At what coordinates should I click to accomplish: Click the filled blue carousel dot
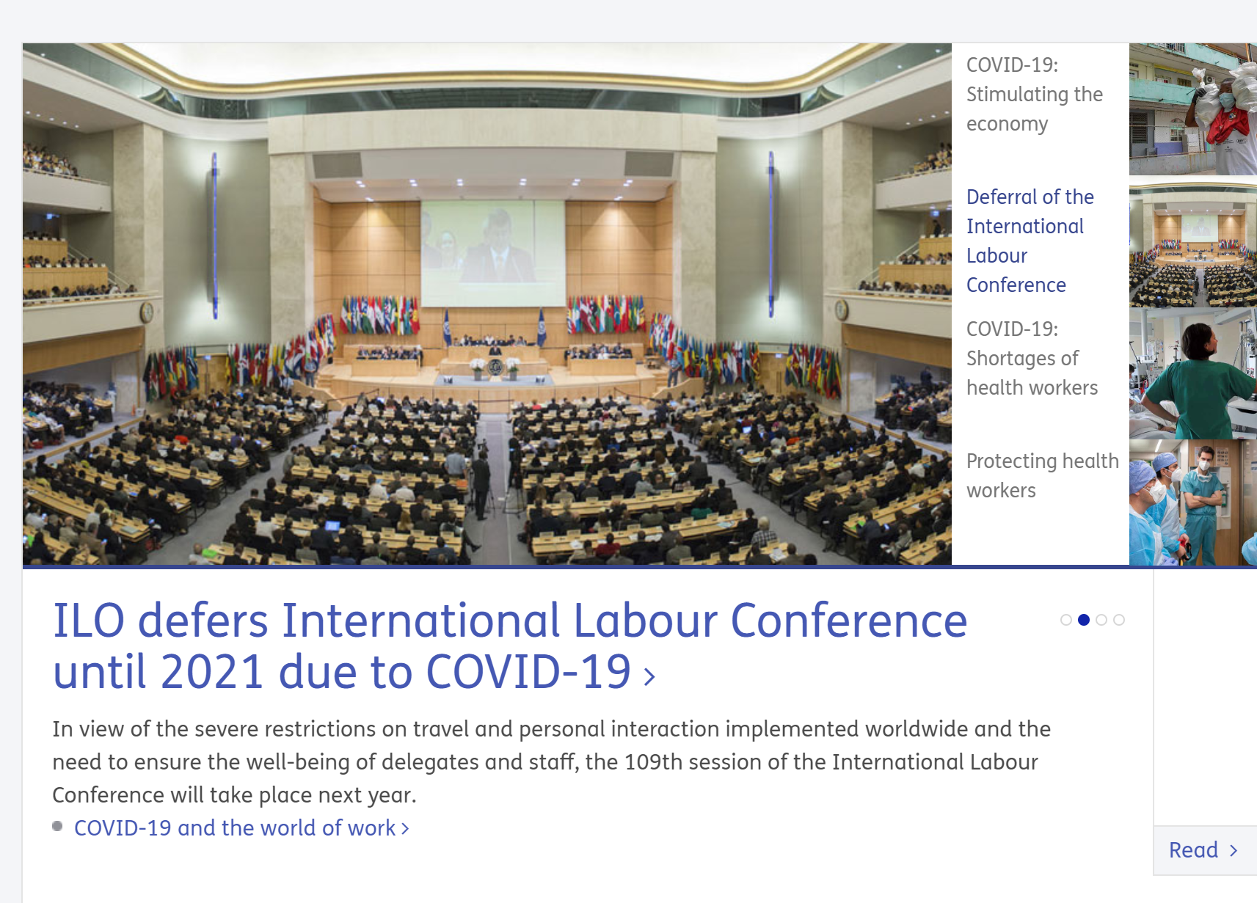1084,620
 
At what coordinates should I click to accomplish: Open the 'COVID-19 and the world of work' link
242,828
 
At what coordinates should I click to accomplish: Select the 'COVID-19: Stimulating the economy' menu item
1034,94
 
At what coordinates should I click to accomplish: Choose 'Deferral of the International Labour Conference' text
1030,241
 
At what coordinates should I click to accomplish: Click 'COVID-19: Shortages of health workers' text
1032,359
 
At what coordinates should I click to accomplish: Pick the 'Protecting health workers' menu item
1042,475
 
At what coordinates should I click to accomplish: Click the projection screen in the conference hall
493,254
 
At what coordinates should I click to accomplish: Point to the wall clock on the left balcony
147,312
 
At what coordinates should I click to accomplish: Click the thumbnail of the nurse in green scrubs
1193,373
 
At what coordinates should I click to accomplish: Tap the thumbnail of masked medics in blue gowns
1193,502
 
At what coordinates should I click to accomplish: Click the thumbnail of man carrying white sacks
1193,109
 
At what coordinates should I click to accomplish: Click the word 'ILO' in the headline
89,621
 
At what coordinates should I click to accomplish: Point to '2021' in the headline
212,672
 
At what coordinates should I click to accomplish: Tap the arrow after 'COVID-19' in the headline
649,676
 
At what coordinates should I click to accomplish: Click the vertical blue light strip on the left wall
215,235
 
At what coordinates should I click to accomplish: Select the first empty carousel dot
1066,620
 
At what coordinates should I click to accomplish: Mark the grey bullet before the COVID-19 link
57,826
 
